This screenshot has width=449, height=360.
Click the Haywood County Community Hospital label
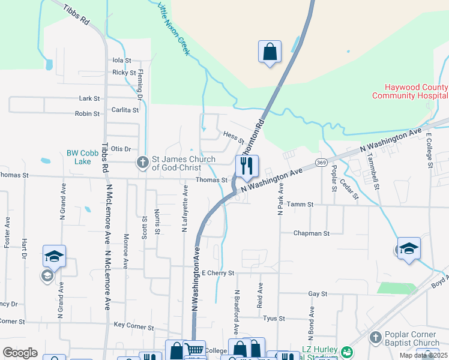409,91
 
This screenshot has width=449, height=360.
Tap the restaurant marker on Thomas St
247,166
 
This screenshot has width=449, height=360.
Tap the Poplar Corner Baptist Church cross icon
376,338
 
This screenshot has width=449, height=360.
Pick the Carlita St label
125,110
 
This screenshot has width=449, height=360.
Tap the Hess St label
234,139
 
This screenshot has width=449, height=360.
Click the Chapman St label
312,233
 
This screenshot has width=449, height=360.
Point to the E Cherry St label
218,273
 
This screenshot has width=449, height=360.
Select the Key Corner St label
134,325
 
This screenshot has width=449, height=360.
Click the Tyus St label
273,319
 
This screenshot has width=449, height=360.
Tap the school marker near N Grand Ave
53,256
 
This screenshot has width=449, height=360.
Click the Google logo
20,353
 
